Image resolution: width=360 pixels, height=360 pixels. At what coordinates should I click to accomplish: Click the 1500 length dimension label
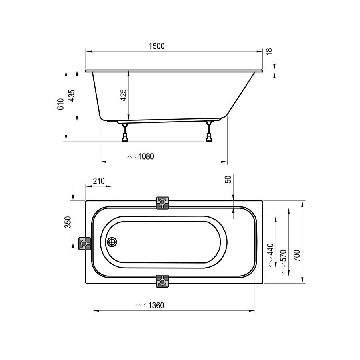[156, 46]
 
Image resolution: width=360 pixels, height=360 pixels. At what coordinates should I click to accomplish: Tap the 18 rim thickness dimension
[270, 51]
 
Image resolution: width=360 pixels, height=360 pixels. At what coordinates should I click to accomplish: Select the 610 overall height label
[60, 104]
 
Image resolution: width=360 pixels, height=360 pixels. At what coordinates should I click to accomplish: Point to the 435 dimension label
[72, 96]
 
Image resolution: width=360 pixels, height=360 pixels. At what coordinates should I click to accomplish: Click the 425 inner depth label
[124, 95]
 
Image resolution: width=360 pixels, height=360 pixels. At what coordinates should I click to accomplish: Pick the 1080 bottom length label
[146, 156]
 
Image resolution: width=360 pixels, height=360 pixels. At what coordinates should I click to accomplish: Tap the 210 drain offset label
[99, 181]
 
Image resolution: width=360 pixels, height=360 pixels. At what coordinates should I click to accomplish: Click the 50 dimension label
[228, 179]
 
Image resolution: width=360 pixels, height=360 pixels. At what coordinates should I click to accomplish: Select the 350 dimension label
[68, 222]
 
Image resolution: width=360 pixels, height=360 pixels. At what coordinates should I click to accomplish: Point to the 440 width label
[271, 250]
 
